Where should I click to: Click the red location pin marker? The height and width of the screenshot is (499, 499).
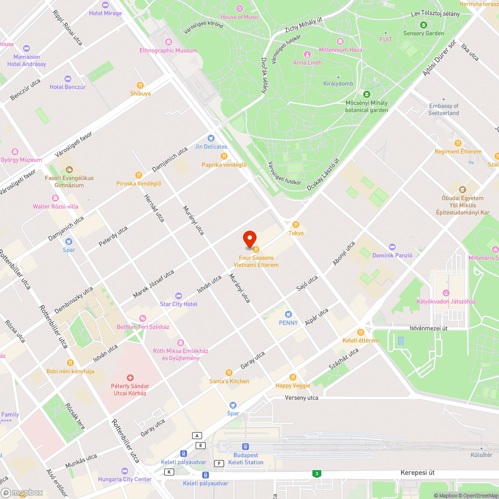249,239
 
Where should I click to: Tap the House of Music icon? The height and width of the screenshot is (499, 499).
240,8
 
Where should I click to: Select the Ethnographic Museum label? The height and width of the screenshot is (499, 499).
168,50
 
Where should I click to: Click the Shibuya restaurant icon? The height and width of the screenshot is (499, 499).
140,85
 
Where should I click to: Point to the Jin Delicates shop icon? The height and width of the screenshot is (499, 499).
211,138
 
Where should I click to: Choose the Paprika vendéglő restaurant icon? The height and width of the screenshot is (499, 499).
224,156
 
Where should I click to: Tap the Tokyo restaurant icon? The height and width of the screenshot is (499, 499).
296,225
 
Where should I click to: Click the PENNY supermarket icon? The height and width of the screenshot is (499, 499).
288,314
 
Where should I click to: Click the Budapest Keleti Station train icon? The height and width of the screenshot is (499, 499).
246,447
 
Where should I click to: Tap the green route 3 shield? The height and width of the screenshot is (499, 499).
316,473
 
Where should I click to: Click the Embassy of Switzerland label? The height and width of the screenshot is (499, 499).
443,109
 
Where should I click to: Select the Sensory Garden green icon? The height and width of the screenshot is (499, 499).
423,25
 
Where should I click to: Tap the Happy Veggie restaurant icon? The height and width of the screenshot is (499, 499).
293,377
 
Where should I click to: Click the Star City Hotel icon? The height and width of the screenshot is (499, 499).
178,296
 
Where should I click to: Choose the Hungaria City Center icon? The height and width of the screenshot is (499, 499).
125,471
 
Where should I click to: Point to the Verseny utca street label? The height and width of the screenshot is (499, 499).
301,398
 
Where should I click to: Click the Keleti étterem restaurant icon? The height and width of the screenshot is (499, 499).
361,332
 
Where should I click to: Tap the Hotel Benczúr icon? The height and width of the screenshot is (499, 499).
68,79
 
